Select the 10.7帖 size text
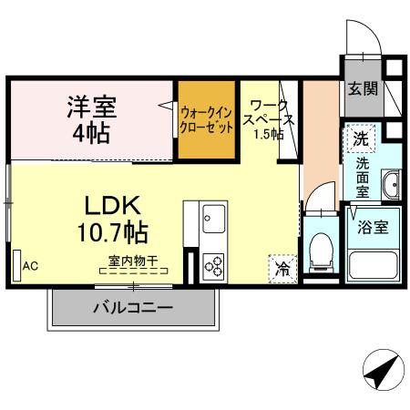pyautogui.click(x=114, y=232)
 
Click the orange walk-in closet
pyautogui.click(x=207, y=119)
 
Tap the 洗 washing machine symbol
pyautogui.click(x=362, y=139)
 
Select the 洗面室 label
pyautogui.click(x=363, y=178)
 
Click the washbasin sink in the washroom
pyautogui.click(x=391, y=184)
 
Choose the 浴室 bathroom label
pyautogui.click(x=374, y=227)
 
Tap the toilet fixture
pyautogui.click(x=322, y=252)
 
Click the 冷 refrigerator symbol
pyautogui.click(x=282, y=270)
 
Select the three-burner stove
pyautogui.click(x=216, y=266)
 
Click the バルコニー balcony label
pyautogui.click(x=133, y=308)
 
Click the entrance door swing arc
pyautogui.click(x=363, y=38)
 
